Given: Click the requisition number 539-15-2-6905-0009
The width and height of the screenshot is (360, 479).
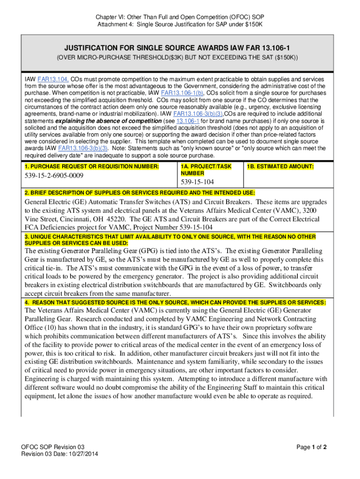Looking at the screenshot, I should pos(54,176).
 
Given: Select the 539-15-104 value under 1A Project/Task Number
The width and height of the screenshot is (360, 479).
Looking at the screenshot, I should pos(197,181).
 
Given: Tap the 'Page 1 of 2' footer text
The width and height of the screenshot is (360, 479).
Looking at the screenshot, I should pos(311,447).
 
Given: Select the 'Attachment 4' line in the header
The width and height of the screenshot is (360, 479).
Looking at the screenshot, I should pos(180,25).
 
